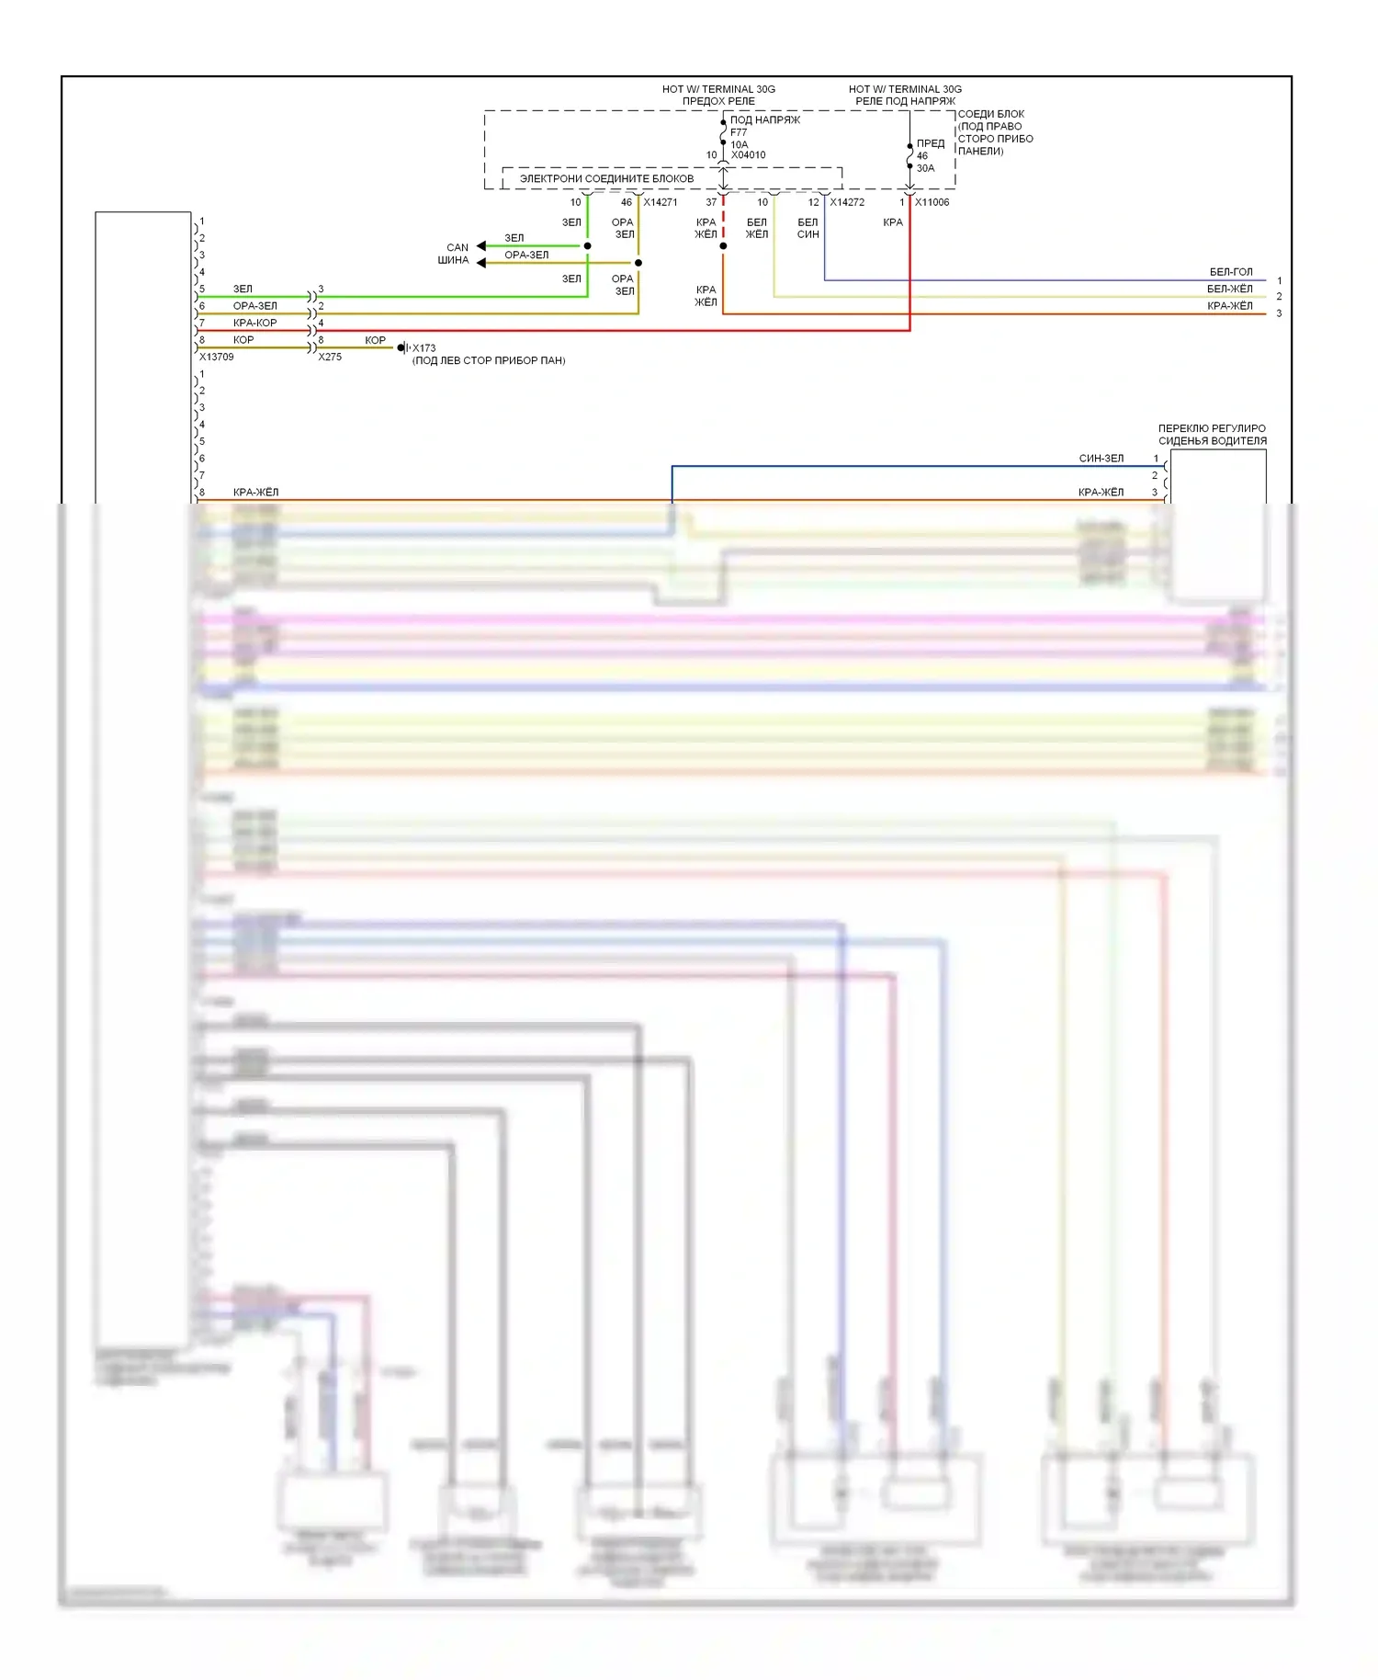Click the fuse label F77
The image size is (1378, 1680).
pos(739,132)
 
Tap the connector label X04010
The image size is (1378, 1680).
pos(748,155)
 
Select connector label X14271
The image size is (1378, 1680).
pos(660,202)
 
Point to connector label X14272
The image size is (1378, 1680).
pos(847,202)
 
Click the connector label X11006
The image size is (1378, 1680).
pos(932,202)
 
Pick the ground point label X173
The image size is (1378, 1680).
pos(424,348)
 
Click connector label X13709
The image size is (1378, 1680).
pos(217,358)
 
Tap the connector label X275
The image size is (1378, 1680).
pos(330,358)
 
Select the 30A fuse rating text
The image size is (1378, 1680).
pos(925,168)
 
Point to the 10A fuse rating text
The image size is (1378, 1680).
pos(740,144)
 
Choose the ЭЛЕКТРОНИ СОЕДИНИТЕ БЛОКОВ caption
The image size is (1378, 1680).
pos(606,178)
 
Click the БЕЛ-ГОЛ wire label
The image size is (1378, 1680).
pos(1230,272)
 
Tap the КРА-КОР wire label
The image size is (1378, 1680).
pos(254,324)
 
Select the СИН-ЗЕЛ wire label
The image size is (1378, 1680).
pos(1101,459)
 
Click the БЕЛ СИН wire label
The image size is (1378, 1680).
pos(808,228)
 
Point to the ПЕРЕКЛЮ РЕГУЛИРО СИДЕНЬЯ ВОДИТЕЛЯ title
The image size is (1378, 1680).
pos(1212,435)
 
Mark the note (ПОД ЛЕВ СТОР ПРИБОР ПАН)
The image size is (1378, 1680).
pos(489,361)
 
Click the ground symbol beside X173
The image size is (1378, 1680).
pos(402,347)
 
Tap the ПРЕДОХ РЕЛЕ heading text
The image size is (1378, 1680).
pos(718,101)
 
